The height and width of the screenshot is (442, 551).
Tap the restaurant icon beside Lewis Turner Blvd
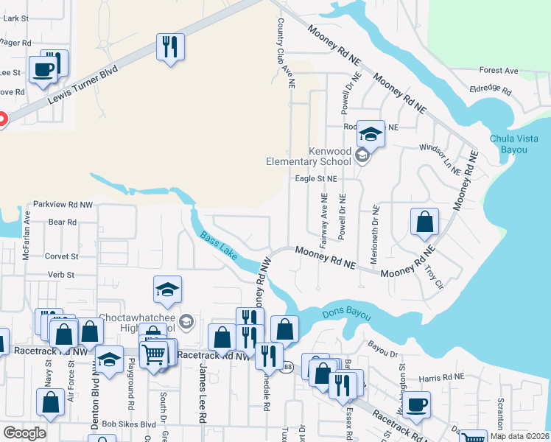171,46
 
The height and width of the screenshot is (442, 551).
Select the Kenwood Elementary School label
309,156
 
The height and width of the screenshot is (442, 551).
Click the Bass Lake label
218,246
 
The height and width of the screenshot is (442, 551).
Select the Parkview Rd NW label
63,204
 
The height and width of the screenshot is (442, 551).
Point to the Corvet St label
62,256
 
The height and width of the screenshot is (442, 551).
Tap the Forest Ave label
499,71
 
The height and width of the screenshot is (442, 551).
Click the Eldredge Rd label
491,90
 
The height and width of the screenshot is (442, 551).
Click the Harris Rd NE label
441,377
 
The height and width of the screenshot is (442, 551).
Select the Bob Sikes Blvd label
129,424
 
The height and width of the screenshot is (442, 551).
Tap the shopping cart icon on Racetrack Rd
154,355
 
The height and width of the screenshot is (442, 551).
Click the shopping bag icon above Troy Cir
425,222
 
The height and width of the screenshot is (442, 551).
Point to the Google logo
24,432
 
